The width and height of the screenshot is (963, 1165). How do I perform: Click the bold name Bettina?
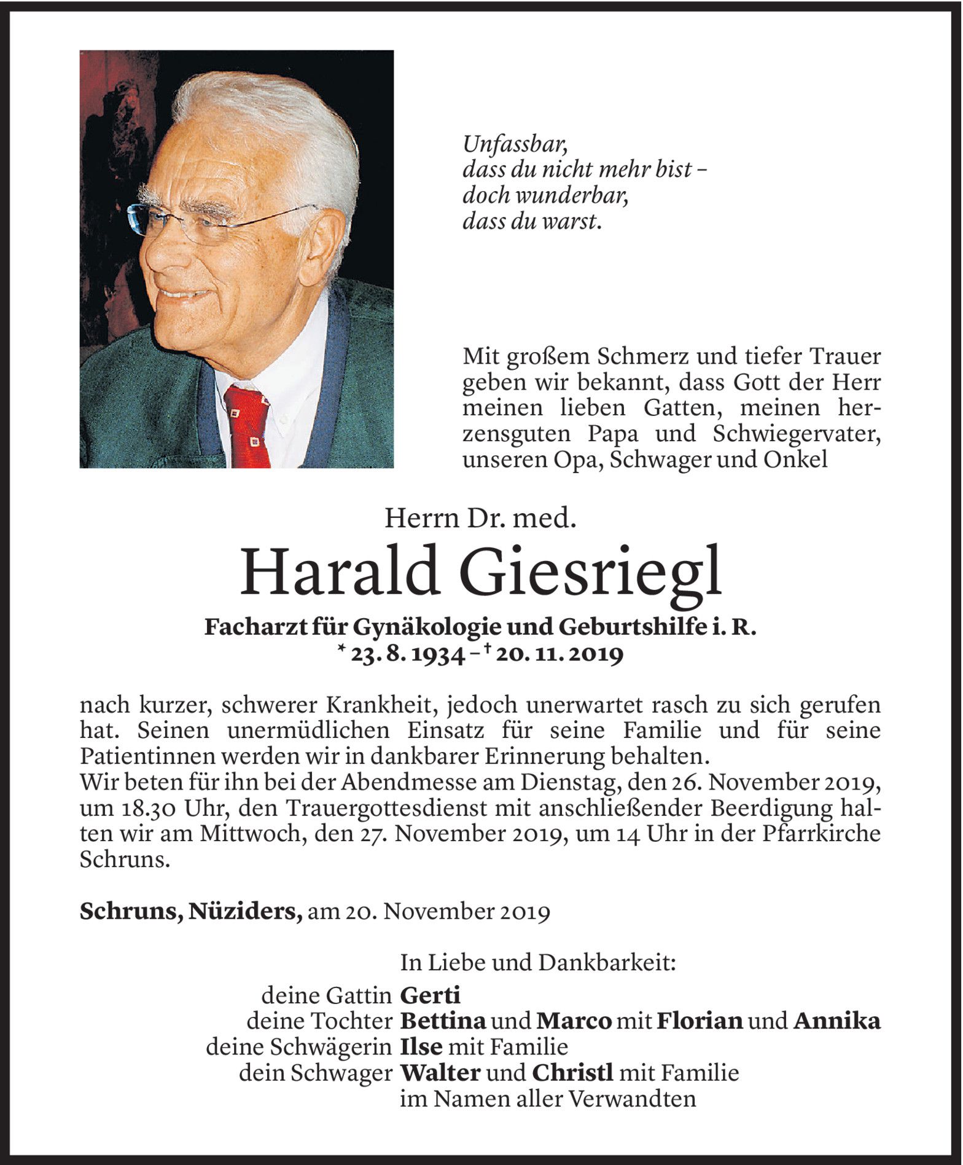[443, 1021]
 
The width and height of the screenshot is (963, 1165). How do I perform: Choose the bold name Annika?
[836, 1021]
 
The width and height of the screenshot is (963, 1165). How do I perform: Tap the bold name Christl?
[572, 1073]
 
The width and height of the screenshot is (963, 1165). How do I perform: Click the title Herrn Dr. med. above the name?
[480, 520]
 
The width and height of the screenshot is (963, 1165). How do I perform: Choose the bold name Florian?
[700, 1021]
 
